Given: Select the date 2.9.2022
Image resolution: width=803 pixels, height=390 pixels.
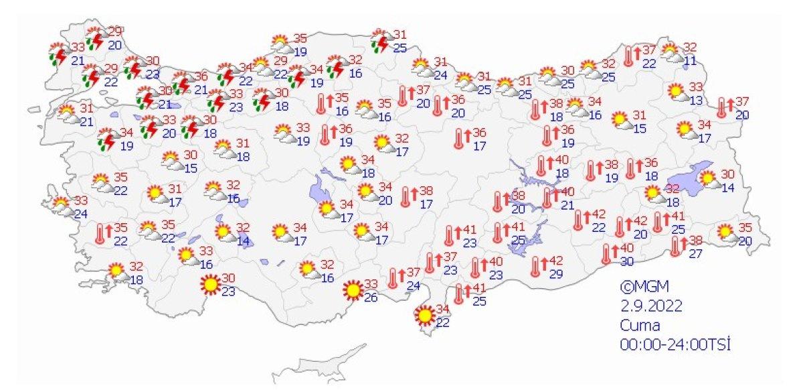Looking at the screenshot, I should click(x=651, y=306).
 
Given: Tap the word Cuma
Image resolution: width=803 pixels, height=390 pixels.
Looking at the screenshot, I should click(x=640, y=326).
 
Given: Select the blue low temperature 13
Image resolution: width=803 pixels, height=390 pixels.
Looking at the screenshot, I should click(x=697, y=101).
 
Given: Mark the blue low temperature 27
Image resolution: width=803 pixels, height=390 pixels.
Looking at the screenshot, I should click(x=696, y=253).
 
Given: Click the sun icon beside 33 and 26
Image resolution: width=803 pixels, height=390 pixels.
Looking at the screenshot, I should click(x=351, y=291).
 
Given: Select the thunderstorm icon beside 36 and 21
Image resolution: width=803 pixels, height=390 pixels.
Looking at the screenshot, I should click(x=181, y=84).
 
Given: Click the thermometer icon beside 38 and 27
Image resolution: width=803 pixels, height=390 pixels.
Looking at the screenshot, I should click(x=676, y=247).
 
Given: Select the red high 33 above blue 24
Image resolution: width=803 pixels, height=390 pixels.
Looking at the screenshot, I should click(x=80, y=200).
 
